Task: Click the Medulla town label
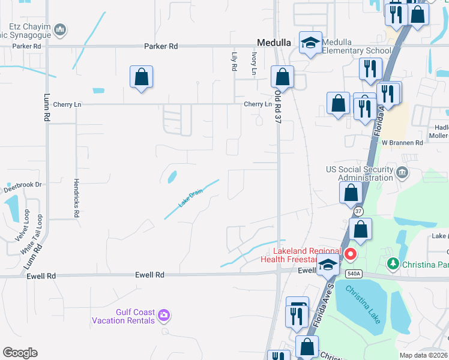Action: (274, 43)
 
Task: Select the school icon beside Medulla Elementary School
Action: (311, 43)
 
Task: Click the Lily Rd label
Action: (234, 61)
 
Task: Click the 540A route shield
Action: (354, 274)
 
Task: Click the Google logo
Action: (20, 353)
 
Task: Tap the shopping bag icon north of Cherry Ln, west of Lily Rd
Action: (141, 77)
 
